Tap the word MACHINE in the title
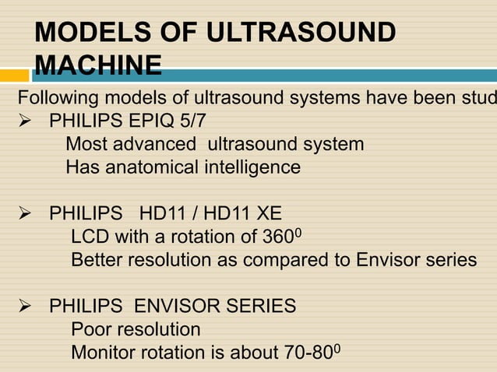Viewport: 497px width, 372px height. (x=98, y=64)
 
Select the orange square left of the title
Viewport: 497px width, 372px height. (x=14, y=75)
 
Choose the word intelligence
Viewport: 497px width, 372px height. (x=252, y=167)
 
